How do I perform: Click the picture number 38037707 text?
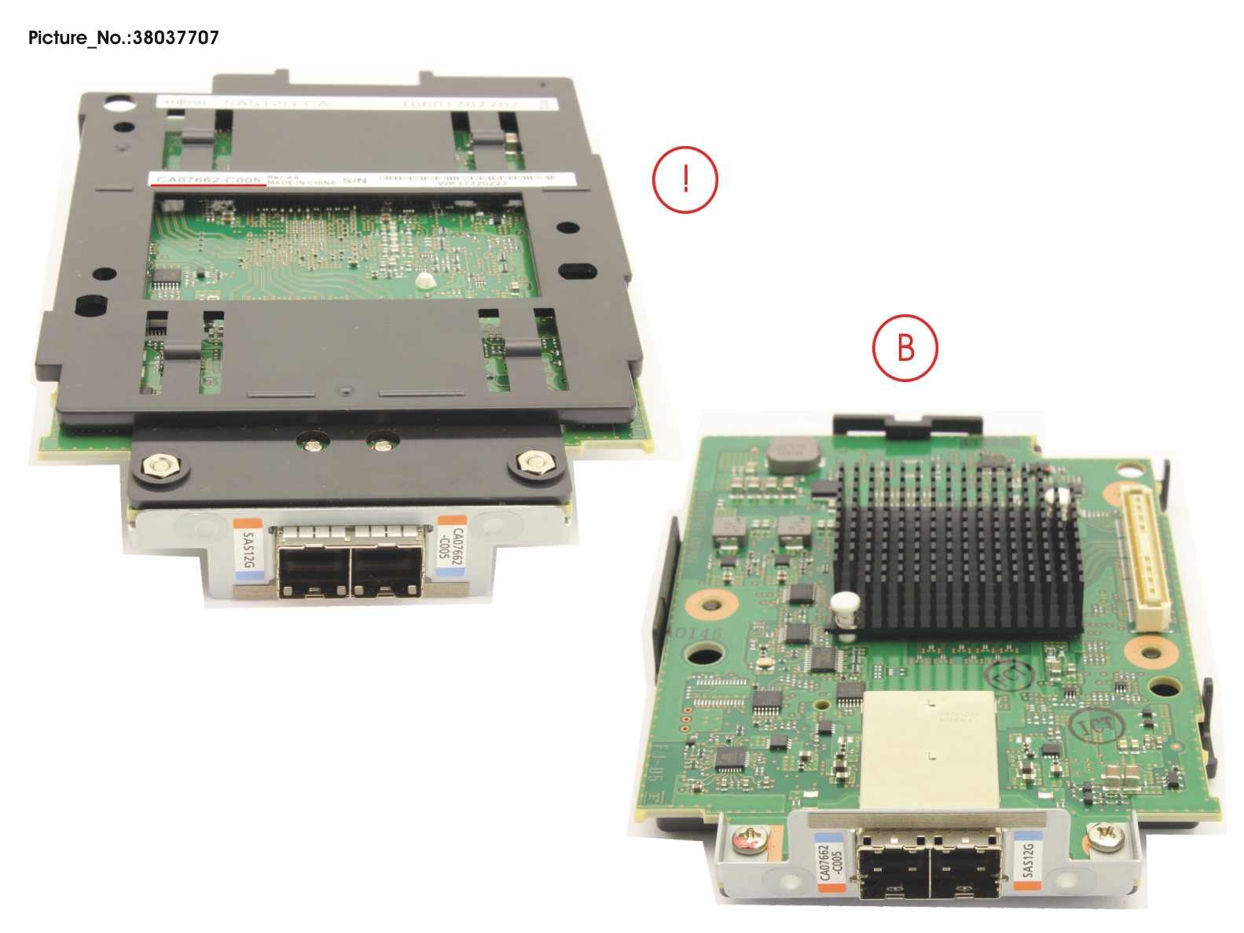pyautogui.click(x=123, y=37)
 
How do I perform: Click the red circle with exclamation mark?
pyautogui.click(x=684, y=179)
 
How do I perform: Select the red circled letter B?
pyautogui.click(x=905, y=347)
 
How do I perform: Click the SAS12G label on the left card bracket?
pyautogui.click(x=248, y=549)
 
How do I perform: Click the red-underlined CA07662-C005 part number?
pyautogui.click(x=208, y=180)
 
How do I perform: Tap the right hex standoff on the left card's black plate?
pyautogui.click(x=535, y=461)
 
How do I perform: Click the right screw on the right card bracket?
pyautogui.click(x=1103, y=836)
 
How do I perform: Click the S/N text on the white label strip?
pyautogui.click(x=354, y=181)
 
